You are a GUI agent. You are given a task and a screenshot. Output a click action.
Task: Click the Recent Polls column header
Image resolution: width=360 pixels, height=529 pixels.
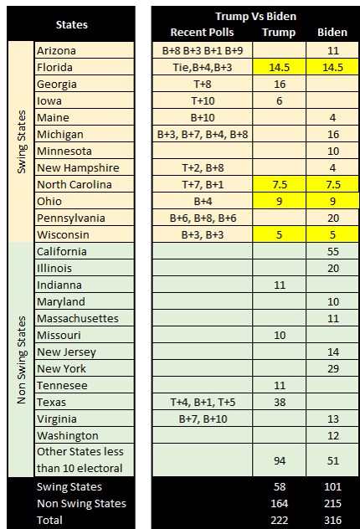coord(202,33)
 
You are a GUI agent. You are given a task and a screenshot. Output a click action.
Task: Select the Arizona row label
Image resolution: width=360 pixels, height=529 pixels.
coord(56,50)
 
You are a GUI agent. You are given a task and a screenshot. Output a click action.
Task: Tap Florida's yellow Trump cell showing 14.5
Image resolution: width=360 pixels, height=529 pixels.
coord(280,67)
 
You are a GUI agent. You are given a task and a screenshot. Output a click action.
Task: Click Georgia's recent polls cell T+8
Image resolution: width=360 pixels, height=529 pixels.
coord(203,84)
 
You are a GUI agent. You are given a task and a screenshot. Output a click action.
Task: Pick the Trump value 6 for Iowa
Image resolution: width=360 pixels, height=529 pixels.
coord(280,101)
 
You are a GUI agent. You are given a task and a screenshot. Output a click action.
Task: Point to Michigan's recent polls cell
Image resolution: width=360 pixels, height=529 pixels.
coord(203,134)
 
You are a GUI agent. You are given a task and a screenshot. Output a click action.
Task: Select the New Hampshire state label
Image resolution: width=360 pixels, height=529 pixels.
coord(78,167)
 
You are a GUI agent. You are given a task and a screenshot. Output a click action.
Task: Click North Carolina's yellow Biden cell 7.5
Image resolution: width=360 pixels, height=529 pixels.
coord(332,184)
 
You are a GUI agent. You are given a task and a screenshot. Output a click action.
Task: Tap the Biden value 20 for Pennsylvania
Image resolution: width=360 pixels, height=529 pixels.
coord(333,218)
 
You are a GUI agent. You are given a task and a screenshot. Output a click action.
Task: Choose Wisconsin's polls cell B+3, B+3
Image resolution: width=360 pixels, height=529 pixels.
coord(203,235)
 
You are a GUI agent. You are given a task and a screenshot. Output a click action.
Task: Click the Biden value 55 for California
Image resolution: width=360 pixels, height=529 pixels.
coord(333,251)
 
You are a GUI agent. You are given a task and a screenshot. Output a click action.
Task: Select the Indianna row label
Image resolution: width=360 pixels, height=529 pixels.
coord(59,285)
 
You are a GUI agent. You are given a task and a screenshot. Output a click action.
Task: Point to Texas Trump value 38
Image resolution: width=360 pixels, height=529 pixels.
coord(280,402)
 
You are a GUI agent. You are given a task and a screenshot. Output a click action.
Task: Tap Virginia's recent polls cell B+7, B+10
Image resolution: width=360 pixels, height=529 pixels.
coord(203,419)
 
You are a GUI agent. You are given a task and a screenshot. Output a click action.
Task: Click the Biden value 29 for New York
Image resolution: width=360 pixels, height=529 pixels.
coord(333,369)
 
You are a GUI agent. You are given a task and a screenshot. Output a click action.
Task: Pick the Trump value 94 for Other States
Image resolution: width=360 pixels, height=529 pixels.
coord(280,461)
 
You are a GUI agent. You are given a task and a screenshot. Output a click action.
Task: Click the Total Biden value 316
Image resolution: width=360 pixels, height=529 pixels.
coord(332,521)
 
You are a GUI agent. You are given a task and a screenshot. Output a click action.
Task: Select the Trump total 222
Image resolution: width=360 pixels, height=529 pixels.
coord(280,521)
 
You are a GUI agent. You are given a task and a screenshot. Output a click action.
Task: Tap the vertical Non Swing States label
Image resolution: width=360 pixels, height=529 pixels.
coord(22,360)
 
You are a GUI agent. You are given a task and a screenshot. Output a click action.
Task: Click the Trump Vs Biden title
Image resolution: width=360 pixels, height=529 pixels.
coord(255,16)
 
